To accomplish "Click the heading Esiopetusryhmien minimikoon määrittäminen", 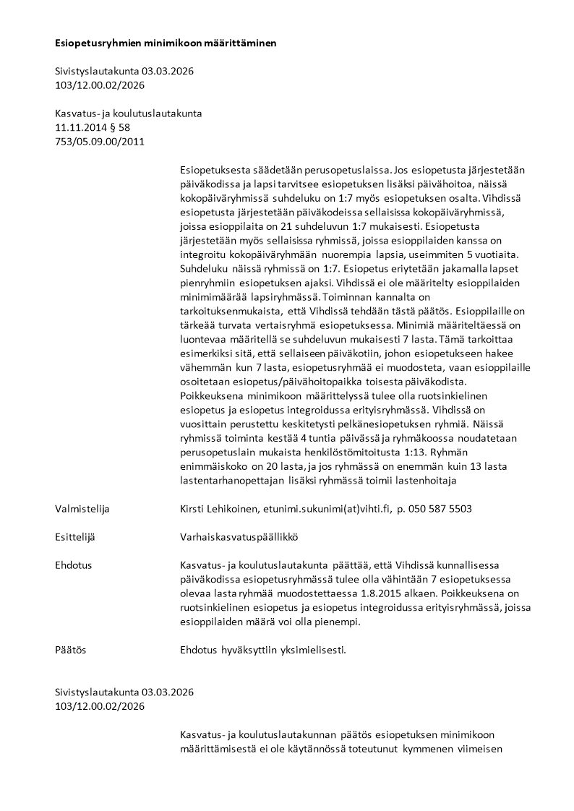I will [x=166, y=43].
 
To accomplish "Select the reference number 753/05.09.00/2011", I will [x=100, y=141].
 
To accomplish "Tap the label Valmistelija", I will [x=82, y=509].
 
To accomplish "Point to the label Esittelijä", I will [x=75, y=537].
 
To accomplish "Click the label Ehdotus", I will [x=73, y=565].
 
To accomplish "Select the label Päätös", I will [x=70, y=650].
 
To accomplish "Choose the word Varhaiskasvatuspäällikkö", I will [x=239, y=537].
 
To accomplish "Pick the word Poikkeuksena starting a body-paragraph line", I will [x=210, y=395].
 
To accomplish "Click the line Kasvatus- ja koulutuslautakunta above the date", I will [x=128, y=113].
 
